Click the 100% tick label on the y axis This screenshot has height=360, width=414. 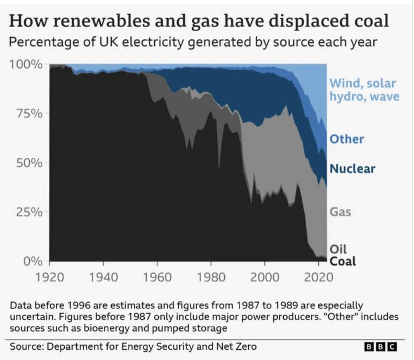[26, 65]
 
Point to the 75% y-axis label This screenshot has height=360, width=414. [29, 114]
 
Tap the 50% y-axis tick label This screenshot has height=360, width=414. [29, 163]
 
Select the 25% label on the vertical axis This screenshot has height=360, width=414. [29, 212]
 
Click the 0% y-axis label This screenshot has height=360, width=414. [33, 261]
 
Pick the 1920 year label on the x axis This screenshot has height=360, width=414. [49, 277]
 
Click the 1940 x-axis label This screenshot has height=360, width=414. [103, 277]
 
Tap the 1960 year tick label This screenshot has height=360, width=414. [157, 277]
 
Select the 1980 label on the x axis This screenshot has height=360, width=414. [211, 277]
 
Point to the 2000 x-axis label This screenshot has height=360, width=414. [265, 277]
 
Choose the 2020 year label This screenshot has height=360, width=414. [318, 277]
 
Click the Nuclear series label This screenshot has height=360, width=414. [353, 169]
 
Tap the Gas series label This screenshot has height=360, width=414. [340, 212]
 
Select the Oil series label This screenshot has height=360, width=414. [338, 249]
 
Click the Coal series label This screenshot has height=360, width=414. [343, 261]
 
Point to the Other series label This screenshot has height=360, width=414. [347, 139]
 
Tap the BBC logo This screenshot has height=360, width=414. [381, 346]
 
